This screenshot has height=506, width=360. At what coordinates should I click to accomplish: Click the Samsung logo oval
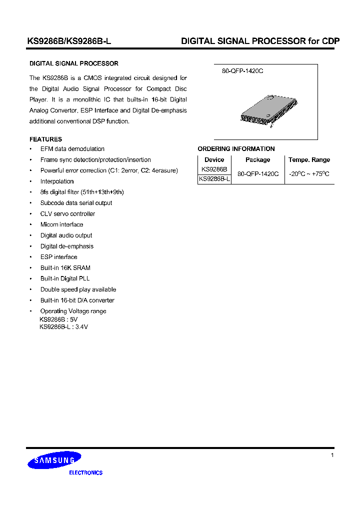coord(54,460)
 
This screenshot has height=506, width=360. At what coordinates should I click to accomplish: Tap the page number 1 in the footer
coord(332,455)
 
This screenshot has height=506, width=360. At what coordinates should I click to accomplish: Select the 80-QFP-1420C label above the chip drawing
coord(242,71)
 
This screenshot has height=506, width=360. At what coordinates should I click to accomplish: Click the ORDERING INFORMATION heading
coord(236,149)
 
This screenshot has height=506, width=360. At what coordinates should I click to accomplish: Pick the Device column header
coord(214,160)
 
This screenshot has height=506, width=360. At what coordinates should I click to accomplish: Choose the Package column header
coord(257,160)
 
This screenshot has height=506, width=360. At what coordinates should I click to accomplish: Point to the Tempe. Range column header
coord(309,160)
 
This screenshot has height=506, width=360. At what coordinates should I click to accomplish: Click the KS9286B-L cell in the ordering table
coord(214,179)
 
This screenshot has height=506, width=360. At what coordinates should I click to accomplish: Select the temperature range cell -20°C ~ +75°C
coord(309,174)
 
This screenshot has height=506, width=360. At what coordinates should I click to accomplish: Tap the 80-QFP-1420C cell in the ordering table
coord(257,174)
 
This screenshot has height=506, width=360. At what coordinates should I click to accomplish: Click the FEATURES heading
coord(45,139)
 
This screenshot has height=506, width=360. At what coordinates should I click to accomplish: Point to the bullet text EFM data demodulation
coord(72,149)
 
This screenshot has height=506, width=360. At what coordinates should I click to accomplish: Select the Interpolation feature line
coord(57,181)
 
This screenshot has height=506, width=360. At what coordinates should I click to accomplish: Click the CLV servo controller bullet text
coord(67,214)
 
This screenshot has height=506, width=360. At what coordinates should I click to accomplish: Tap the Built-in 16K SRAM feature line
coord(65,268)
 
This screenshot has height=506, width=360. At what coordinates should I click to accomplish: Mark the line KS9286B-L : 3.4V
coord(63,327)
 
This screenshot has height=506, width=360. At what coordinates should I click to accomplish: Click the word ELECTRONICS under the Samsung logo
coord(85,472)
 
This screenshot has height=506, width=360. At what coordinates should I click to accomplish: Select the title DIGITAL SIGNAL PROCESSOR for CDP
coord(260,41)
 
